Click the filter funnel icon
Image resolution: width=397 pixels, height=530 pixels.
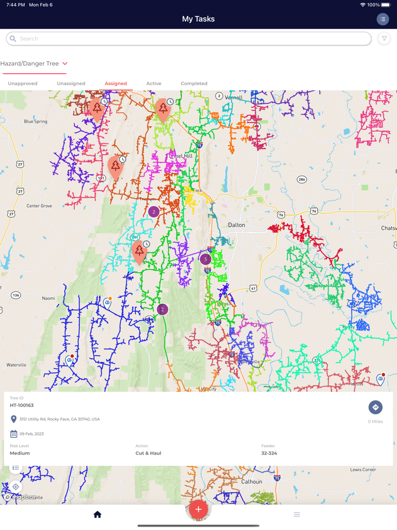tap(384, 39)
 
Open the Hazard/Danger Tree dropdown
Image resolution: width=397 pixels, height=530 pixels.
tap(34, 64)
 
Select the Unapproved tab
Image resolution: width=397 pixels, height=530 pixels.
tap(23, 83)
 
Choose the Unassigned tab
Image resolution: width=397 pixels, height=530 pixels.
tap(71, 83)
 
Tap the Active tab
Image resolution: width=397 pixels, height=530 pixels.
tap(154, 83)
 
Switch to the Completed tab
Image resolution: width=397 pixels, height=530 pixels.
tap(194, 83)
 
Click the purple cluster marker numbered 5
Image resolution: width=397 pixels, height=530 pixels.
tap(205, 259)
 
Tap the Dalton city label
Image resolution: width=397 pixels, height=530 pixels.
tap(236, 225)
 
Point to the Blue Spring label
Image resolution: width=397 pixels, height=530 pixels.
tap(36, 121)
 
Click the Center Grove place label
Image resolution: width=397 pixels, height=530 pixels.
tap(39, 205)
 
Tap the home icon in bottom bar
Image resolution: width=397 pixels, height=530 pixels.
tap(98, 515)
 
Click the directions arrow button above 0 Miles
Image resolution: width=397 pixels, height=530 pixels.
tap(375, 407)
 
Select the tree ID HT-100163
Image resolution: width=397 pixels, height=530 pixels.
tap(22, 406)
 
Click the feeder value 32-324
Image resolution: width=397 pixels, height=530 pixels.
tap(269, 453)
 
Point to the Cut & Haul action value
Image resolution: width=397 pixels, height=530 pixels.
tap(148, 453)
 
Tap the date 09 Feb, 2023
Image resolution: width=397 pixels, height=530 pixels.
tap(31, 434)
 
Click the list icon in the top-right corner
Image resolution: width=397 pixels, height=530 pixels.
tap(383, 19)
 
